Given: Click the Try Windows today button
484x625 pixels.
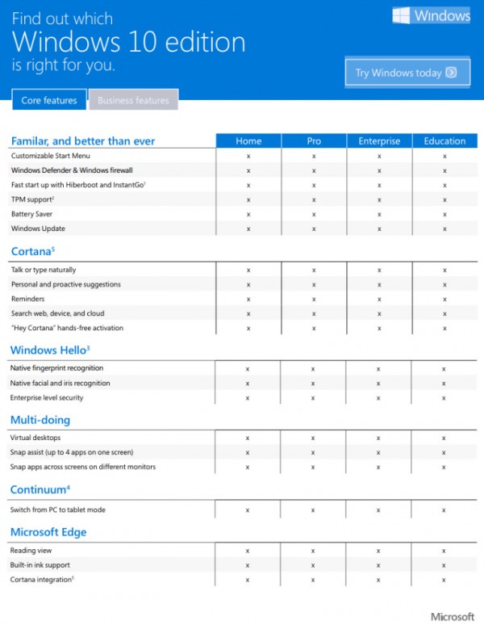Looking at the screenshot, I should coord(407,73).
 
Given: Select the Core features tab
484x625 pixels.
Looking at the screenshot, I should coord(49,101).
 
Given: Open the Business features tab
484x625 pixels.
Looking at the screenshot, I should coord(133,101).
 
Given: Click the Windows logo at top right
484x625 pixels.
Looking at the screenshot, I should coord(431,16).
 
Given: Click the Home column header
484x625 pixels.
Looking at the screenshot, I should coord(248,141).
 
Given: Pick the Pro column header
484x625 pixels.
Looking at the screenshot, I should coord(314,141).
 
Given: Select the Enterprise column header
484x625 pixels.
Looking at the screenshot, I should coord(379,141).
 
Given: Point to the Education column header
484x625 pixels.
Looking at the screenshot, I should coord(444,141).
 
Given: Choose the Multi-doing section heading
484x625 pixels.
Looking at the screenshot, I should coord(40,420).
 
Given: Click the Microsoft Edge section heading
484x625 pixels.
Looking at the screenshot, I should coord(48,532).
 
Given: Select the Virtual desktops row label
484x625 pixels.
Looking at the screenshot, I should coord(35,438).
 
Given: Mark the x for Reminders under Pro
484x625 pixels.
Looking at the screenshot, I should coord(314,299).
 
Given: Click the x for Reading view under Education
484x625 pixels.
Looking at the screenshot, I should coord(444,551).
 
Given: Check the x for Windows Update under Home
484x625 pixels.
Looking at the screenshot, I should coord(248,229).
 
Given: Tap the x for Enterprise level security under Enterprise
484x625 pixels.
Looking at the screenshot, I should coord(379,397).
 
